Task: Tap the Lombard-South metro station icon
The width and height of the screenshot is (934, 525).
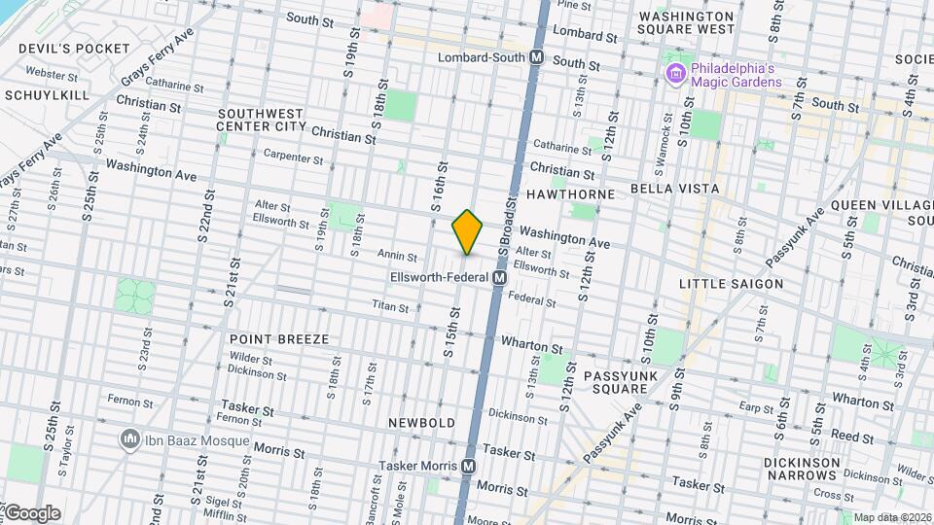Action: [536, 58]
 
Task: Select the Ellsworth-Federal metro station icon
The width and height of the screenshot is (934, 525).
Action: [499, 278]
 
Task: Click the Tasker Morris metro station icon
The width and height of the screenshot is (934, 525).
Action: [468, 466]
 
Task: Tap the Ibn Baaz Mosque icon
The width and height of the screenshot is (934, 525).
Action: [128, 440]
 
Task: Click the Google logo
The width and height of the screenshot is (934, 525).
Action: [32, 512]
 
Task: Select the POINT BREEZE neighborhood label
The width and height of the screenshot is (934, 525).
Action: [279, 339]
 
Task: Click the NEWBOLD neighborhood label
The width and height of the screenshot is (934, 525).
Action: [421, 423]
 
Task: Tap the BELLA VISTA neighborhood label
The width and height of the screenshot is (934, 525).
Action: [674, 188]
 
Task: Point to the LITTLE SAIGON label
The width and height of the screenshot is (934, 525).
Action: [731, 284]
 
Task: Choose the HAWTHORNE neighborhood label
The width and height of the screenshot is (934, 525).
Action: [571, 194]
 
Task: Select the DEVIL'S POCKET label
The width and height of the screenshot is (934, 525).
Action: [67, 49]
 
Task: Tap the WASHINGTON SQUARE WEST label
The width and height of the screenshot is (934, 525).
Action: [687, 22]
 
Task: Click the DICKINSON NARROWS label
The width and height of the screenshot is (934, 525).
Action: [801, 469]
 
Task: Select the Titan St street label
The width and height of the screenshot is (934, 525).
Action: [390, 305]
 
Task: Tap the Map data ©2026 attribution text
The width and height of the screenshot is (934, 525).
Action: [891, 517]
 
